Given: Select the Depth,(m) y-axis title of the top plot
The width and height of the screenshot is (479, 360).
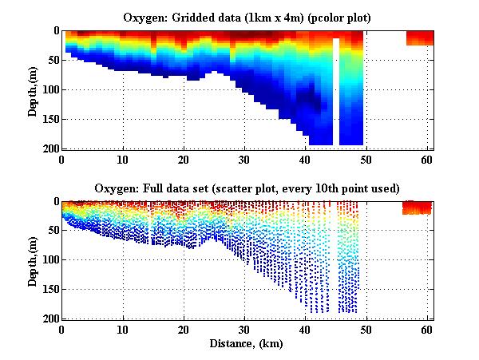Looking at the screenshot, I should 33,89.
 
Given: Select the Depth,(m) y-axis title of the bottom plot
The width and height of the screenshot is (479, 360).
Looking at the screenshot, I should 33,259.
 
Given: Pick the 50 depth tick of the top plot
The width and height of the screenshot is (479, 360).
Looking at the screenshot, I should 51,61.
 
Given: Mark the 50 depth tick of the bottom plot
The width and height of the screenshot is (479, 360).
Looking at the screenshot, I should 51,231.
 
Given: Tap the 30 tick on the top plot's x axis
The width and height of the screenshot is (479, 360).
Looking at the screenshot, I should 244,159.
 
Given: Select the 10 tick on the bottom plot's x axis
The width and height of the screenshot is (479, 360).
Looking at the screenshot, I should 123,329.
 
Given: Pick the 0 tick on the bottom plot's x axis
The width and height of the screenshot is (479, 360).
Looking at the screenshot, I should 62,329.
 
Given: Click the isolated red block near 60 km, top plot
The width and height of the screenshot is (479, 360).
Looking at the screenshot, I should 419,38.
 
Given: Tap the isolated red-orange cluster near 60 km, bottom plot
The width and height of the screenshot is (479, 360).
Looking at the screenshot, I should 416,208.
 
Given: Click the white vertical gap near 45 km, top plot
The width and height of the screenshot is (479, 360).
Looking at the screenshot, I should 336,92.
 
